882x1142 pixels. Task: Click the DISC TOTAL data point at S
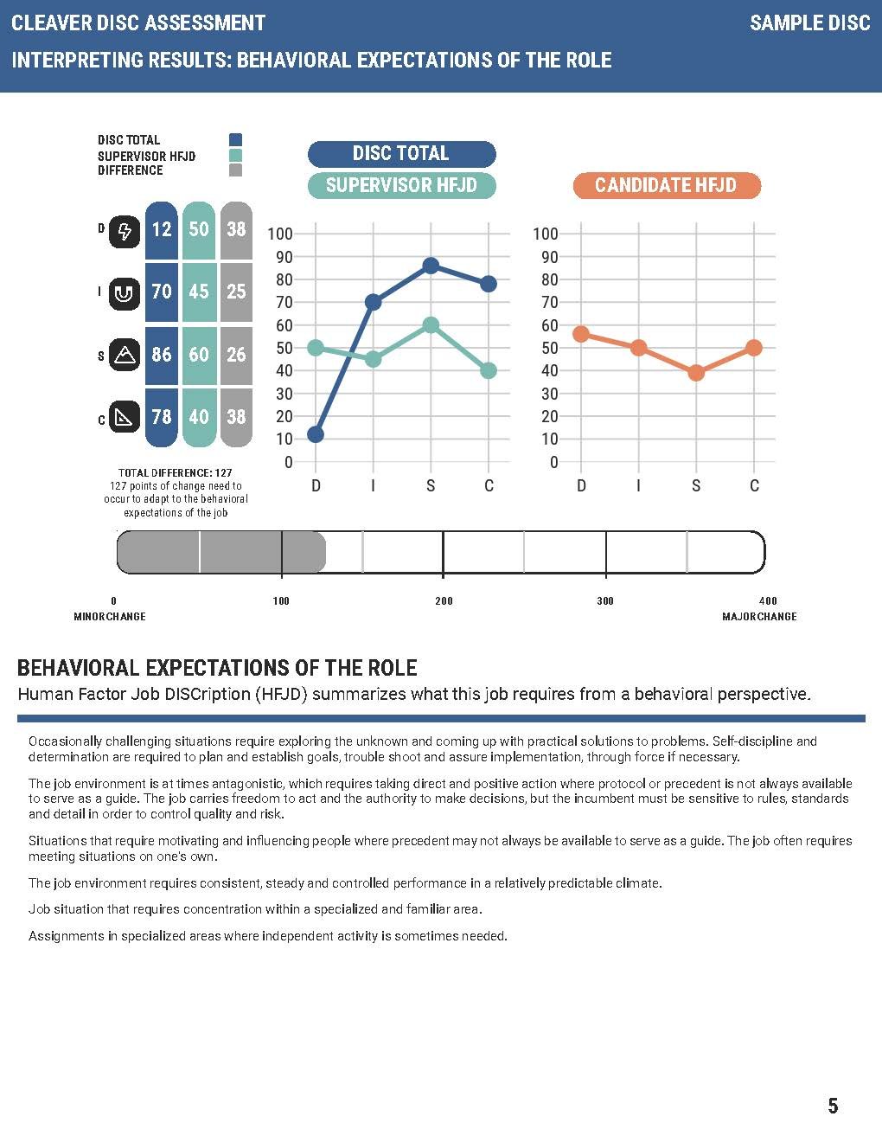point(431,266)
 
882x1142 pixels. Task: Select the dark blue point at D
point(316,434)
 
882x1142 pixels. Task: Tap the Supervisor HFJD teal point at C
point(489,370)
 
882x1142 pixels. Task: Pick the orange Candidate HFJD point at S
point(696,373)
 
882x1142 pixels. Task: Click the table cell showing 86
point(162,355)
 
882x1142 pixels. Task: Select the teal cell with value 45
point(199,292)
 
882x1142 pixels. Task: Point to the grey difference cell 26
point(236,355)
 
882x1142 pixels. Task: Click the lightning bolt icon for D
point(125,231)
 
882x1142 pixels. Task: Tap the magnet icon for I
point(125,293)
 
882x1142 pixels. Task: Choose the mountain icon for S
point(125,355)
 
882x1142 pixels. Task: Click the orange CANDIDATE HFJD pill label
point(666,185)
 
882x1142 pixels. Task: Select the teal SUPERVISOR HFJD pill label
point(401,185)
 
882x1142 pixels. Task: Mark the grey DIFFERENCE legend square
point(235,170)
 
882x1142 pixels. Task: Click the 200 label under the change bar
point(444,601)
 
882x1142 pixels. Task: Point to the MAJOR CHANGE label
point(759,617)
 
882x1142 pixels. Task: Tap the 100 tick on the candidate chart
point(546,234)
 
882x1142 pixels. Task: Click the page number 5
point(833,1106)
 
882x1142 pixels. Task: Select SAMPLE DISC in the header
point(809,23)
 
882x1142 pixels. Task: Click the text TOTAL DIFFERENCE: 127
point(176,473)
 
